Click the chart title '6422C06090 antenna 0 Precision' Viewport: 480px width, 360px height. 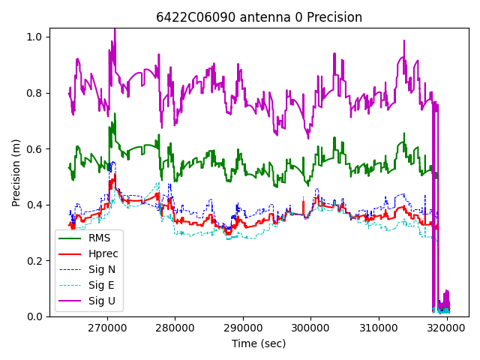point(259,17)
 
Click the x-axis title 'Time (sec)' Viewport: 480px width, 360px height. point(259,343)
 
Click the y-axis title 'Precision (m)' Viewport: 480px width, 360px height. point(16,172)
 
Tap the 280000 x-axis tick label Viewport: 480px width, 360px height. point(175,328)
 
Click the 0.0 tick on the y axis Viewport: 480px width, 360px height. point(36,316)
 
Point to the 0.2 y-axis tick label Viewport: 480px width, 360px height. point(36,261)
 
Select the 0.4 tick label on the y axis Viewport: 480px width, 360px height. point(36,205)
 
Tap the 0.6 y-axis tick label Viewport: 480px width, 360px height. point(36,148)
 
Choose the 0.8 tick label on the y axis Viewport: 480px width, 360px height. point(36,93)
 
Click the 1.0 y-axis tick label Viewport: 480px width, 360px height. point(36,37)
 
